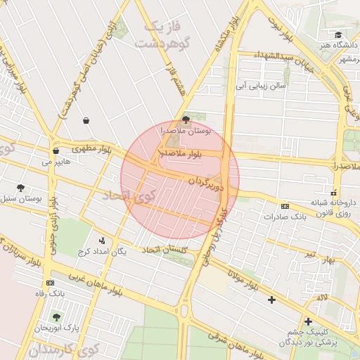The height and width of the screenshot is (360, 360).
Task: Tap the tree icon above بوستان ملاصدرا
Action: click(186, 120)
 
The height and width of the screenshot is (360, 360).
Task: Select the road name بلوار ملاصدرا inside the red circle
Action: click(181, 153)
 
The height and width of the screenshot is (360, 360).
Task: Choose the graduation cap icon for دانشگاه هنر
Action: click(338, 34)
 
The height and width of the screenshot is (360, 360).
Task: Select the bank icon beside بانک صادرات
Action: click(285, 206)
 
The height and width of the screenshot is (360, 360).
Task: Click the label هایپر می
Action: click(56, 162)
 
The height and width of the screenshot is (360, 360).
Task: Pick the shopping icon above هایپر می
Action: click(56, 150)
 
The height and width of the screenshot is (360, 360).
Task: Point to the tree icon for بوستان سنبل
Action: click(20, 188)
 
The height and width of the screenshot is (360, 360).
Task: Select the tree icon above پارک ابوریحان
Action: click(56, 317)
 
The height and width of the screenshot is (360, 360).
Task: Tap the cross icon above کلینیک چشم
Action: click(308, 321)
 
